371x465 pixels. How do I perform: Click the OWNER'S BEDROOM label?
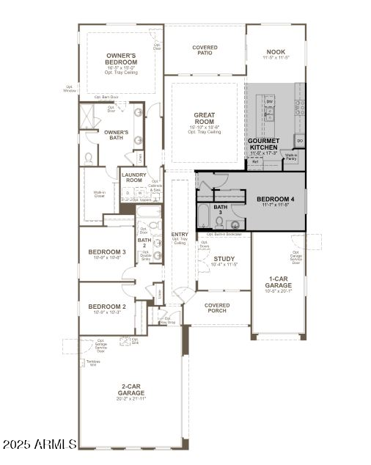122,59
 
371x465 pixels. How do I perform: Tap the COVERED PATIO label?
205,51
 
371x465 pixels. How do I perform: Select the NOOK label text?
276,52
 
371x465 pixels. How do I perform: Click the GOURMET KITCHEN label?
263,144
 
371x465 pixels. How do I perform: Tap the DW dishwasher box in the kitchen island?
270,101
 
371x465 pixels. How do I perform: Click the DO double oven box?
300,140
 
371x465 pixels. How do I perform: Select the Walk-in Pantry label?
291,157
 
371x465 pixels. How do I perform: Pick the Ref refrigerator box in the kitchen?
255,162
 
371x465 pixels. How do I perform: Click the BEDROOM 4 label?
275,199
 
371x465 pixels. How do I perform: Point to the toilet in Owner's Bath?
89,158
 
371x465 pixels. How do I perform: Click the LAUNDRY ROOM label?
134,177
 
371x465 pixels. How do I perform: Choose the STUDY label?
224,259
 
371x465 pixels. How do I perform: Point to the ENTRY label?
180,235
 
